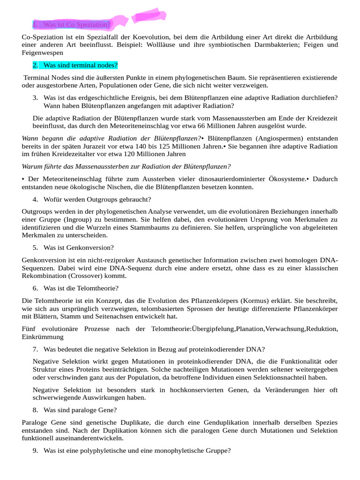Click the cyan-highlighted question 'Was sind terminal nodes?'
(x=80, y=65)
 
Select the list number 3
(x=35, y=97)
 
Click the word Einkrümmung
(x=43, y=337)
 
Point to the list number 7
(x=35, y=349)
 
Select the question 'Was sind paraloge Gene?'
(x=80, y=410)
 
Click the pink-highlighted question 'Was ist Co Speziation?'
(x=77, y=24)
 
